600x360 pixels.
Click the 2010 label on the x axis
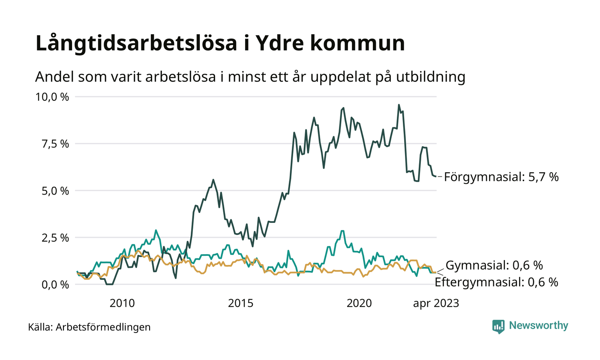(122, 303)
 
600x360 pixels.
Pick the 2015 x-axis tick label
(241, 303)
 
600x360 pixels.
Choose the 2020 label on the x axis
(359, 303)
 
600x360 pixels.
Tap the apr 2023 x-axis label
(436, 303)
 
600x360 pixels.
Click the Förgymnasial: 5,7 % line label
(501, 177)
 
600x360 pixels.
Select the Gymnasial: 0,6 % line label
(495, 265)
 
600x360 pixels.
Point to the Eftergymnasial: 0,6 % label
(496, 282)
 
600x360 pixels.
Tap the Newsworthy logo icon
(498, 326)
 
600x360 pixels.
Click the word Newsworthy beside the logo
(538, 326)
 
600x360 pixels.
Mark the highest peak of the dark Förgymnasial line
(399, 105)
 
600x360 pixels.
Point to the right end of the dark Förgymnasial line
(436, 177)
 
